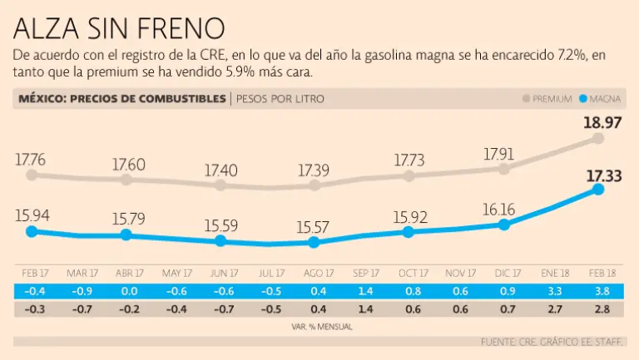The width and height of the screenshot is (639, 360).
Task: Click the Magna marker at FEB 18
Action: tap(598, 190)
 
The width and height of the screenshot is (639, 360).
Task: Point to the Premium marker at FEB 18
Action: tap(598, 138)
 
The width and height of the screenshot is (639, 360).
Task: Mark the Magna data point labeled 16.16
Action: tap(503, 224)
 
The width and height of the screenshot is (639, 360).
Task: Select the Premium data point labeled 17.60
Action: tap(126, 179)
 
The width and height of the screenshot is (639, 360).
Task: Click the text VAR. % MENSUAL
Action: tap(319, 327)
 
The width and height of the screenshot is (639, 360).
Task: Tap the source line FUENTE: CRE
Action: tap(557, 342)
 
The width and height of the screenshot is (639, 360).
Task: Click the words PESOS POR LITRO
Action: tap(280, 99)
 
